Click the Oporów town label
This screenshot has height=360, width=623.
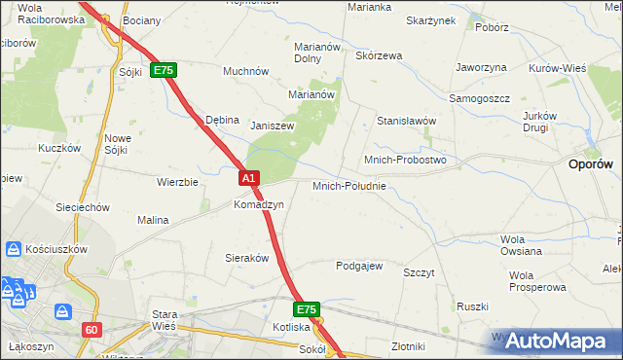[x=590, y=165]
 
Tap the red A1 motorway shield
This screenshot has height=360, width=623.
[x=249, y=178]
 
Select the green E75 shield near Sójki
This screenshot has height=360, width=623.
[x=164, y=71]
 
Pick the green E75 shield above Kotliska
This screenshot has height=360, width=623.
[x=307, y=309]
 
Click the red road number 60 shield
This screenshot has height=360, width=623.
[x=92, y=330]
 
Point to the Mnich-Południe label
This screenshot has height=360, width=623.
[x=349, y=185]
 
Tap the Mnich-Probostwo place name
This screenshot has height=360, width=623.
[x=404, y=159]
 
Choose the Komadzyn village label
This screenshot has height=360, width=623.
[x=258, y=205]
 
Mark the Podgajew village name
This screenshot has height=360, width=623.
[x=359, y=266]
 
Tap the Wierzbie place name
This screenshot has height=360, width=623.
[x=177, y=182]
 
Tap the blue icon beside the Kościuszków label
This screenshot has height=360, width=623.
[x=13, y=249]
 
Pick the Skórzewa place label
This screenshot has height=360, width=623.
[x=379, y=56]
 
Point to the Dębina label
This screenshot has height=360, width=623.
[x=222, y=120]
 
